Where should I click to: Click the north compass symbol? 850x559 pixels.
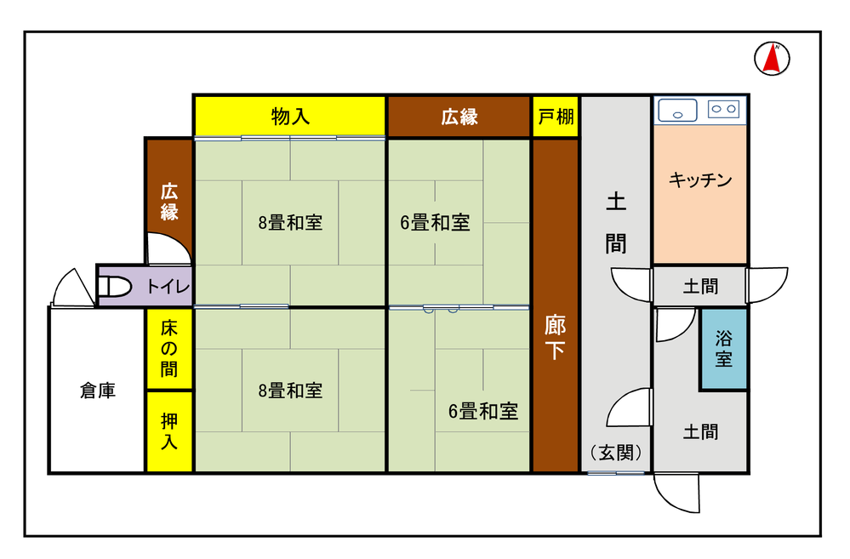coord(772,59)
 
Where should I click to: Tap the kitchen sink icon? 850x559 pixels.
coord(677,110)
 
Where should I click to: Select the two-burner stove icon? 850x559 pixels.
coord(724,109)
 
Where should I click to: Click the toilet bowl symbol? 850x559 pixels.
coord(115,286)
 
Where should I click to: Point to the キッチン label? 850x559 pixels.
coord(700,180)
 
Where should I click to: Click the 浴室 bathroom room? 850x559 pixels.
coord(724,349)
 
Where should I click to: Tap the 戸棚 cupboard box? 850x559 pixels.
coord(556,116)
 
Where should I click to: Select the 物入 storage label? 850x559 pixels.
coord(290,116)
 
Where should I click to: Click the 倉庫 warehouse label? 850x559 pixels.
coord(98,391)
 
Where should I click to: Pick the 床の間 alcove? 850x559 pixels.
coord(169,349)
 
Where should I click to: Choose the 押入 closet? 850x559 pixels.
coord(169,431)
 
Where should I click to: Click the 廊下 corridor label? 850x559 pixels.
coord(555,338)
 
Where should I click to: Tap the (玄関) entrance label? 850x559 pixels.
coord(616,452)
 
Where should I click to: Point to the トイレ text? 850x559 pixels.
coord(168,286)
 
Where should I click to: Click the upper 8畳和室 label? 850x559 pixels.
coord(290,222)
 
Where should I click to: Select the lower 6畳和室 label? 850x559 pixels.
coord(483,411)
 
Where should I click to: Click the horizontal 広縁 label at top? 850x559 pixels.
coord(459,117)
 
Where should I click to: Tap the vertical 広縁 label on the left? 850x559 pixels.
coord(169,202)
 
